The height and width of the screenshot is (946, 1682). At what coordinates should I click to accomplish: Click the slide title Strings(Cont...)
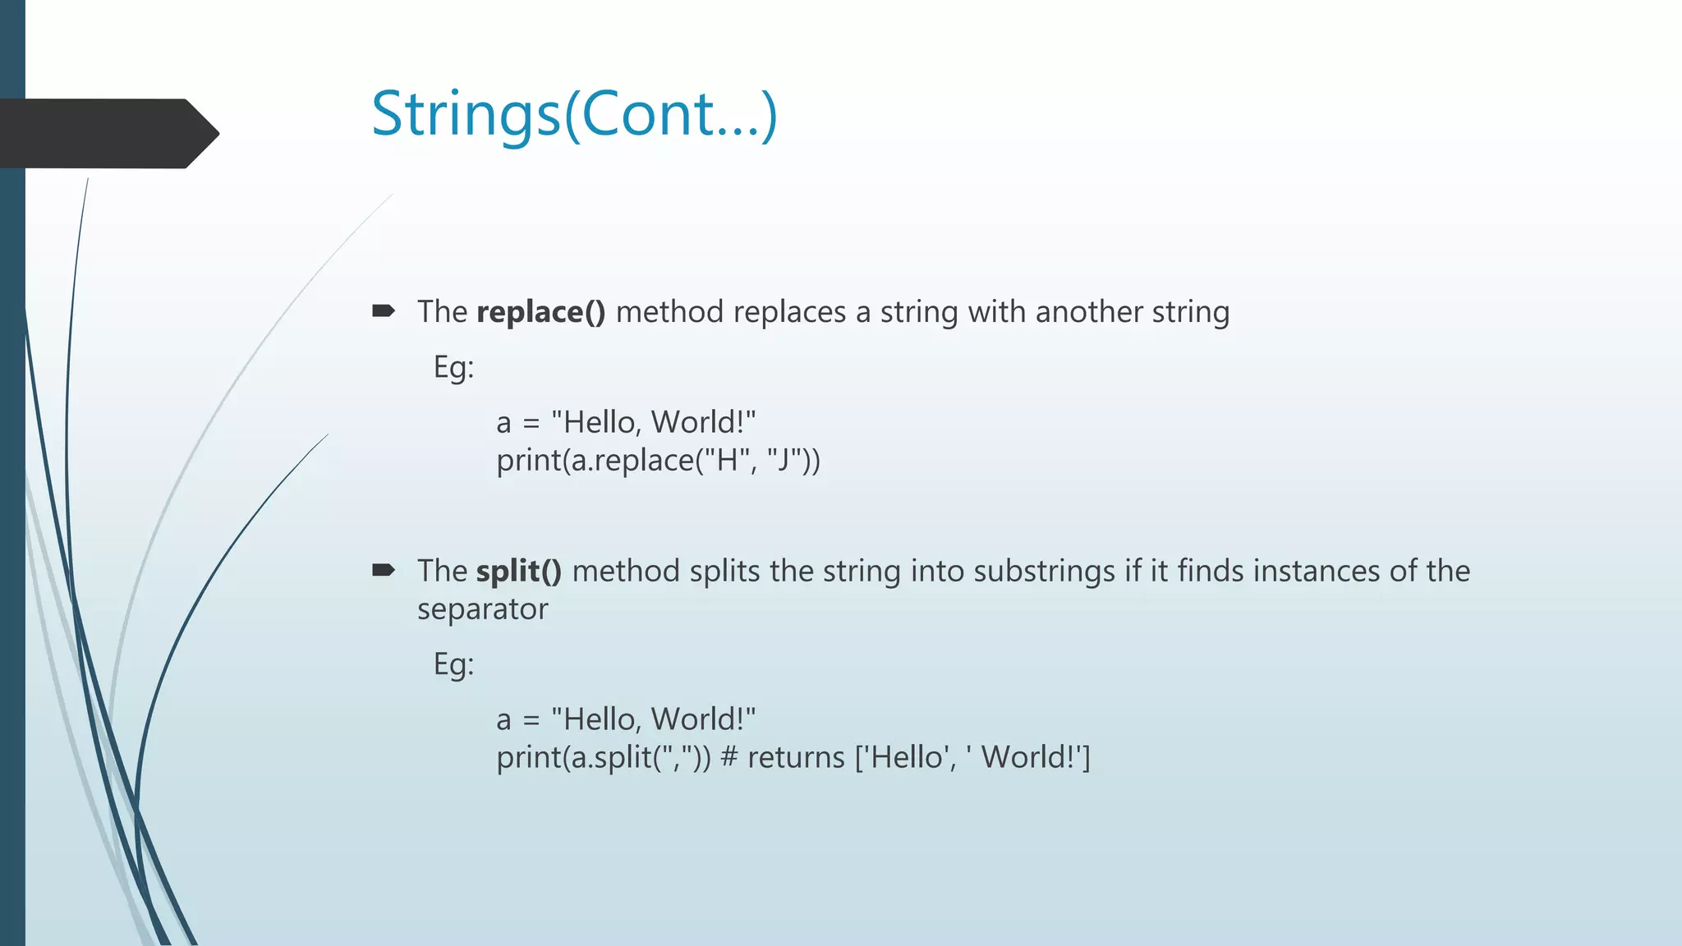pyautogui.click(x=574, y=114)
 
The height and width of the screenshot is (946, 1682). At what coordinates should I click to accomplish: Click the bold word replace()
pyautogui.click(x=540, y=312)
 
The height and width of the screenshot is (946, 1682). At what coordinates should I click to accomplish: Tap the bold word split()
pyautogui.click(x=519, y=572)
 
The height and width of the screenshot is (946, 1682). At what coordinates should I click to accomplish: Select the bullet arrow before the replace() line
pyautogui.click(x=384, y=311)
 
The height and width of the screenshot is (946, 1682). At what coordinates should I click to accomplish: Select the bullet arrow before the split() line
pyautogui.click(x=384, y=570)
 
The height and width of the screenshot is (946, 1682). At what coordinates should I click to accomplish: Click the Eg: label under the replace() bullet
pyautogui.click(x=453, y=367)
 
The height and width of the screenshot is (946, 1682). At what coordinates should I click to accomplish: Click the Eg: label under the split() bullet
pyautogui.click(x=453, y=664)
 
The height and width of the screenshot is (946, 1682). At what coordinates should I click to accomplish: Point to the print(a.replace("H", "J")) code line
pyautogui.click(x=658, y=461)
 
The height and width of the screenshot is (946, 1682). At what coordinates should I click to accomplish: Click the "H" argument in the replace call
pyautogui.click(x=726, y=460)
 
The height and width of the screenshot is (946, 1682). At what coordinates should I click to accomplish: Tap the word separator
pyautogui.click(x=482, y=609)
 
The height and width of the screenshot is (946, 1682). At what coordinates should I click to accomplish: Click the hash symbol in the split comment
pyautogui.click(x=728, y=757)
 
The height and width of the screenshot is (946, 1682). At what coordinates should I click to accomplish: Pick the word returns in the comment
pyautogui.click(x=795, y=757)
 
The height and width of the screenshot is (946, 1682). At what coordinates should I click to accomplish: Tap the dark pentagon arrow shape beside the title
pyautogui.click(x=107, y=133)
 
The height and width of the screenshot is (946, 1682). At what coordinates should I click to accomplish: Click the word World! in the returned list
pyautogui.click(x=1029, y=757)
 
